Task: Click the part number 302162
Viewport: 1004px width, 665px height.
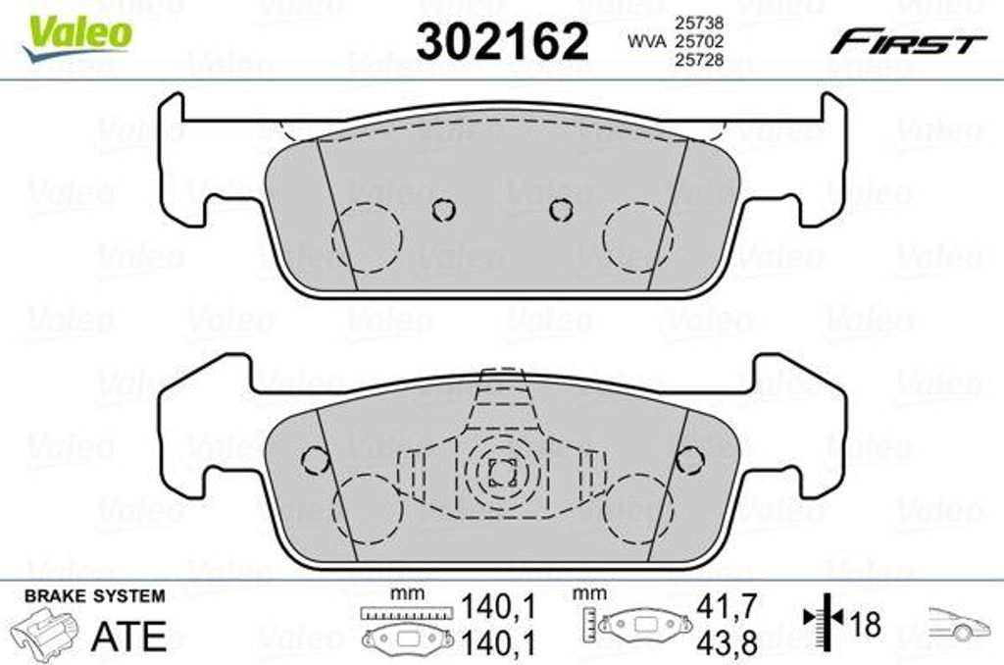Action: pyautogui.click(x=502, y=41)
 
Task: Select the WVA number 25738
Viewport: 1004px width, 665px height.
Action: pyautogui.click(x=700, y=24)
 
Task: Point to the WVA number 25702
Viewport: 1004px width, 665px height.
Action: pyautogui.click(x=700, y=41)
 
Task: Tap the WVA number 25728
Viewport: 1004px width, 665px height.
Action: pyautogui.click(x=700, y=60)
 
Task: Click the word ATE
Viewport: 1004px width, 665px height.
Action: pyautogui.click(x=128, y=636)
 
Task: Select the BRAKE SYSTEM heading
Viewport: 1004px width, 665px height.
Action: pyautogui.click(x=95, y=596)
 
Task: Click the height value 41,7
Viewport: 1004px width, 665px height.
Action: pyautogui.click(x=727, y=606)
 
